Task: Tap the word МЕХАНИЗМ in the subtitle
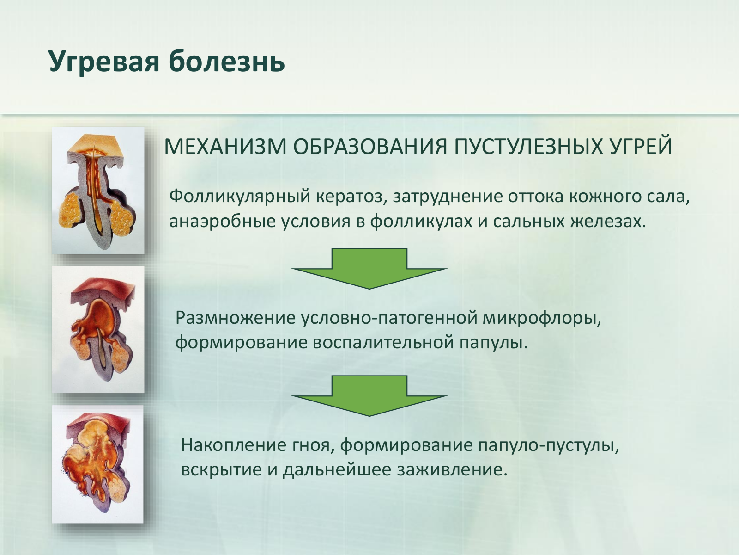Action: click(x=225, y=146)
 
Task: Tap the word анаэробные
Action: click(x=223, y=222)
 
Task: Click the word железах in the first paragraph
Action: click(x=608, y=222)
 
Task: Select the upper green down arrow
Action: click(x=369, y=269)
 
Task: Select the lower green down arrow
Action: click(x=369, y=395)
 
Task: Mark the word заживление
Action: click(x=452, y=470)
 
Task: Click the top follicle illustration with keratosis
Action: click(x=98, y=191)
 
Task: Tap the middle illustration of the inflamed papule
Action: click(x=98, y=330)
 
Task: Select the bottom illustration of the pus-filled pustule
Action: click(x=97, y=464)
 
